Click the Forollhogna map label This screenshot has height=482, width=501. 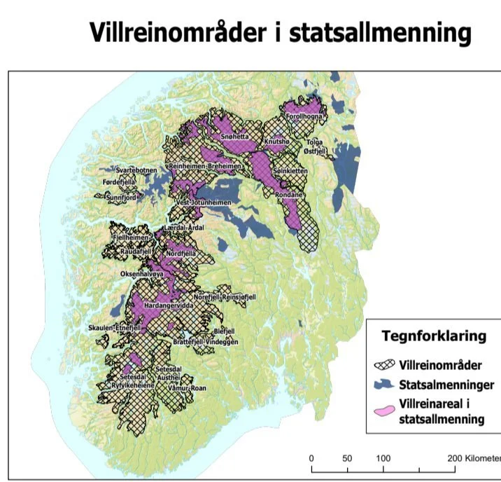click(303, 117)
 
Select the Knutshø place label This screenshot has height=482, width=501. click(277, 142)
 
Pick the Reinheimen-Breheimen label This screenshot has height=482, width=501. click(205, 166)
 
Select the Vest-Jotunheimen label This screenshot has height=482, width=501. click(204, 202)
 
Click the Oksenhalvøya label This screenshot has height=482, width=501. click(142, 275)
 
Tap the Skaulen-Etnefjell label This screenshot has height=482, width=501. click(115, 327)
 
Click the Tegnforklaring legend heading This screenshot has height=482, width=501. click(433, 336)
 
